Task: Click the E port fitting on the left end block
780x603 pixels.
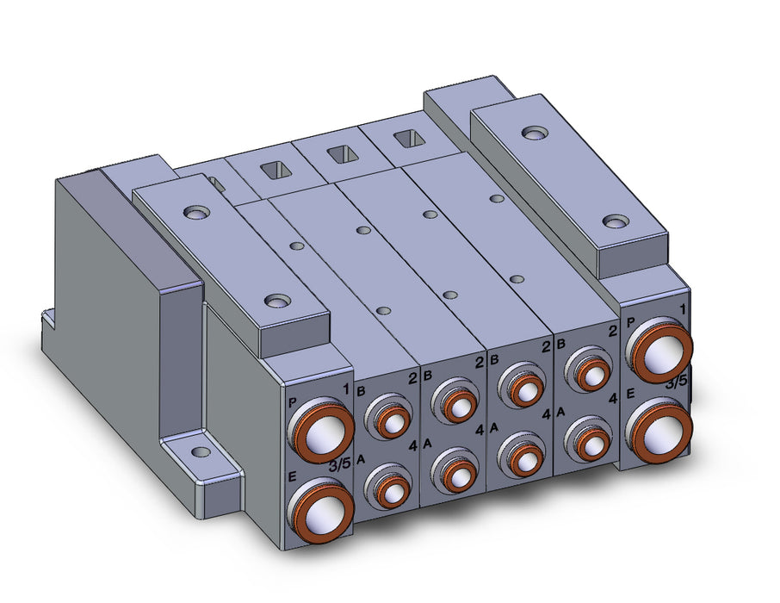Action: (322, 510)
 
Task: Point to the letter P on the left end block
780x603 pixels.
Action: (293, 402)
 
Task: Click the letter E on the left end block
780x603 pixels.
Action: (293, 477)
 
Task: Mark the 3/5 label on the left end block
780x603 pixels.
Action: (340, 465)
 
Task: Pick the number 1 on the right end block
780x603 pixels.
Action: (683, 310)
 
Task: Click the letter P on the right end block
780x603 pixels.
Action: (631, 323)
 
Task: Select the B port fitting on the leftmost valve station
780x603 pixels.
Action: (389, 416)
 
